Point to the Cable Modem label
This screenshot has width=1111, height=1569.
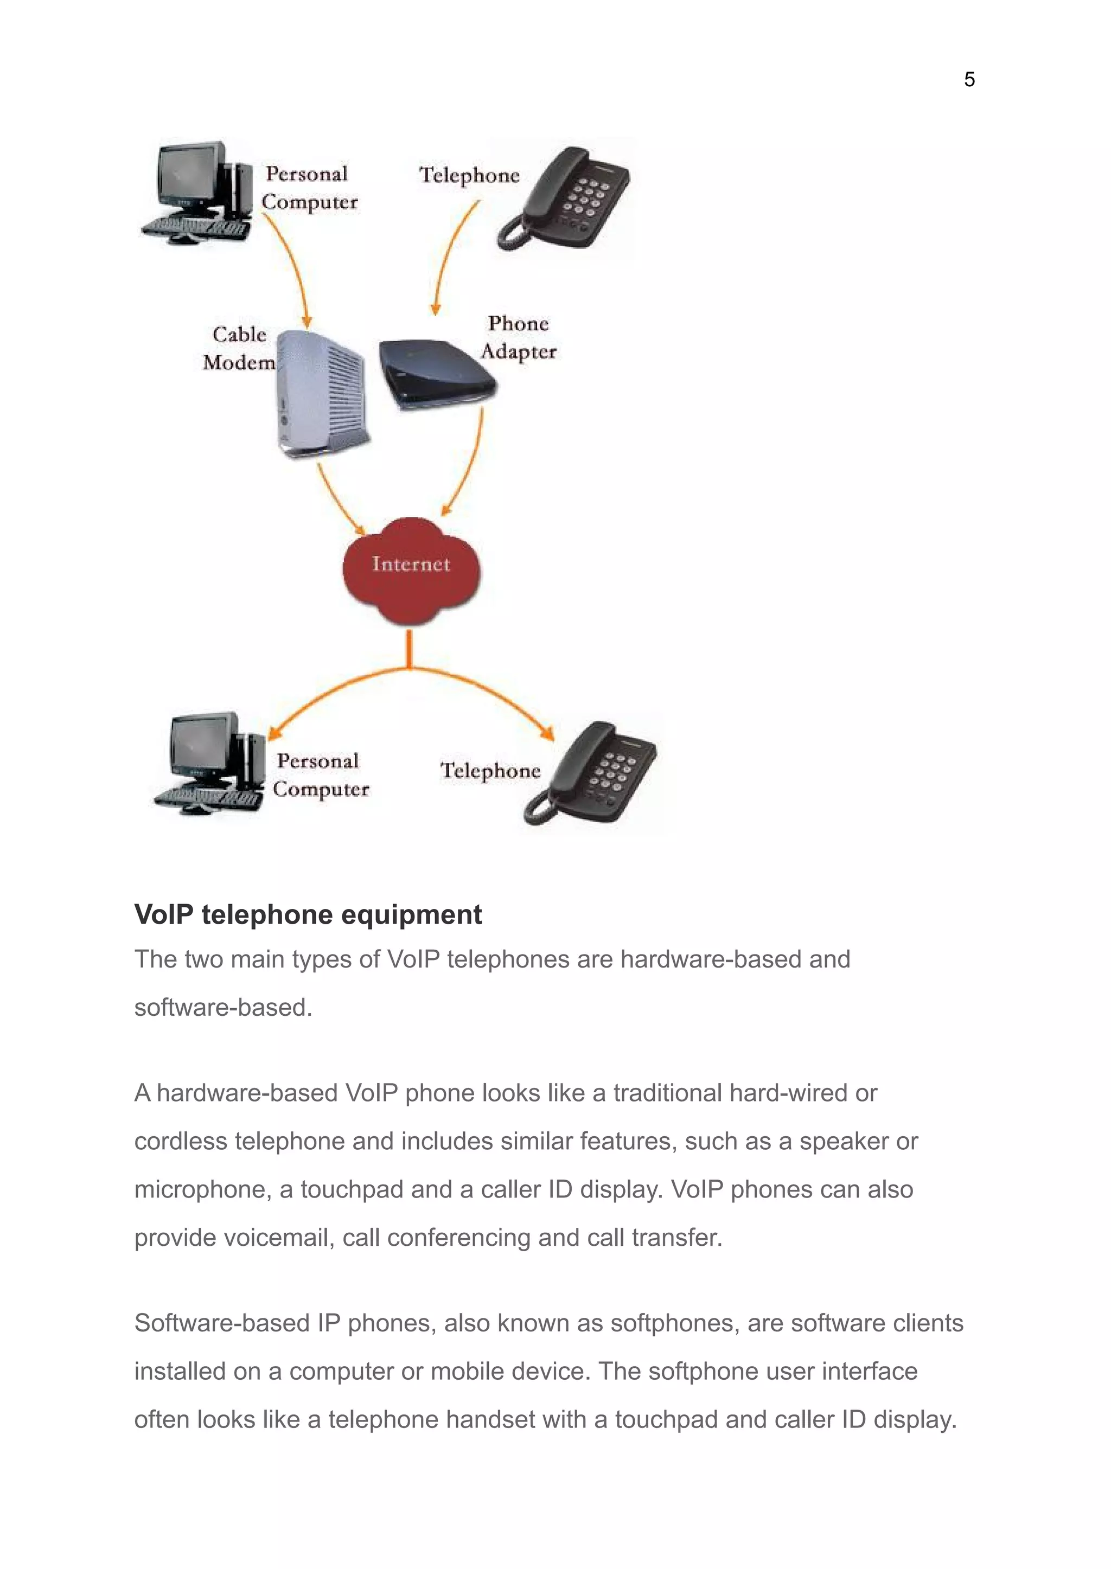tap(239, 348)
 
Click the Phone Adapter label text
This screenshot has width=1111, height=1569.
tap(518, 337)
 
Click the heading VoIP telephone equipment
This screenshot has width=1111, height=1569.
tap(308, 914)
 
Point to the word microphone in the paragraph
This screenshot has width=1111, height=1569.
tap(202, 1189)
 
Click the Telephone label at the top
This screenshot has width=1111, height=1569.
tap(469, 175)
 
